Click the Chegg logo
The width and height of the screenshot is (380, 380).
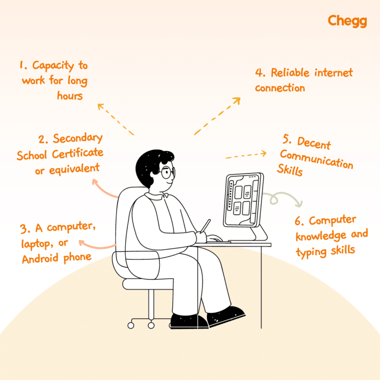[347, 21]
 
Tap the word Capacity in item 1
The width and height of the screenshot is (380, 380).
[53, 65]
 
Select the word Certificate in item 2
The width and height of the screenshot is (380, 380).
[78, 153]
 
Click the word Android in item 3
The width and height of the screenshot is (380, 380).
[40, 259]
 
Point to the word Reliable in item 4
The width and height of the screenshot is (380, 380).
[290, 73]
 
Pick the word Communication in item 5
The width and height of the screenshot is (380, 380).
[317, 159]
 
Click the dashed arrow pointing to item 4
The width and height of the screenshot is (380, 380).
[217, 116]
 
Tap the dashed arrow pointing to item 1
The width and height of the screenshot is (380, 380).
[116, 119]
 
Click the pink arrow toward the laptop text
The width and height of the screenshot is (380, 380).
[97, 245]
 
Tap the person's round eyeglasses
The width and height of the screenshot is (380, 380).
[167, 172]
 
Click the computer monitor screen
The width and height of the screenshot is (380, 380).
[243, 200]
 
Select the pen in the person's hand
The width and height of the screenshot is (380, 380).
[205, 226]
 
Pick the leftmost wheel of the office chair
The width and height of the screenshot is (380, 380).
[131, 326]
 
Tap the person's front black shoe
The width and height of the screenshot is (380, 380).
[226, 316]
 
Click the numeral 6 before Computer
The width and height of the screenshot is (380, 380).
[298, 221]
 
